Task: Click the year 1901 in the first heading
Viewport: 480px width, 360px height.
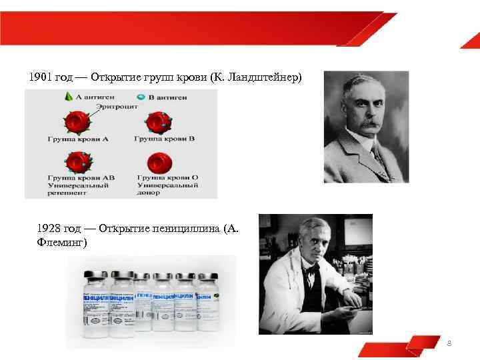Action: tap(41, 77)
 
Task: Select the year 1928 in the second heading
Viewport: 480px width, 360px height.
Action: tap(50, 229)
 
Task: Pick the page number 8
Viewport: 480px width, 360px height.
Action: tap(449, 343)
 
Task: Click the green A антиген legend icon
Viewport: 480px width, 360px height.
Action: tap(68, 97)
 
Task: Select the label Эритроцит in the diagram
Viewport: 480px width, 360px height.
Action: tap(117, 106)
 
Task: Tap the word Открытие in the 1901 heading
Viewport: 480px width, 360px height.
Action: tap(113, 77)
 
